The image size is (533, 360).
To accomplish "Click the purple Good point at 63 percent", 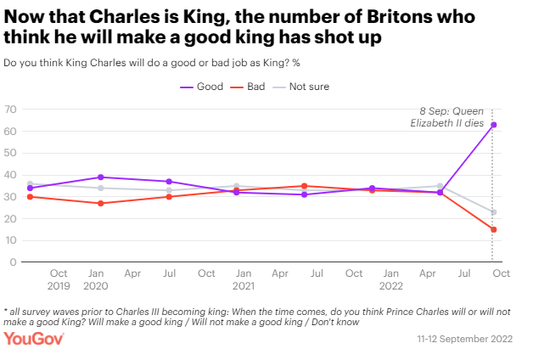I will (493, 125).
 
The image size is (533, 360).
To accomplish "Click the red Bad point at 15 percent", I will (493, 229).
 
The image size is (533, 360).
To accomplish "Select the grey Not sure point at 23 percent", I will (493, 212).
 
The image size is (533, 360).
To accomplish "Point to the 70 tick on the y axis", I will (10, 110).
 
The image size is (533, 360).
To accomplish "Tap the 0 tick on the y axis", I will (14, 262).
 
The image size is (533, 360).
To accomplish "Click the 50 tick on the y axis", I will (10, 154).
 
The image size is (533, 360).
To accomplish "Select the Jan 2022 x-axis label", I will (390, 280).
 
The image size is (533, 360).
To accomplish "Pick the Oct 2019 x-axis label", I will (59, 280).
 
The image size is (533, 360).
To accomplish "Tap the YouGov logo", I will (34, 340).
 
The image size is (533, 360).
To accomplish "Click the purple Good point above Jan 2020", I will (101, 177).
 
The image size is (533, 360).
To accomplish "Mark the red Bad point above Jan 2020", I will (101, 204).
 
